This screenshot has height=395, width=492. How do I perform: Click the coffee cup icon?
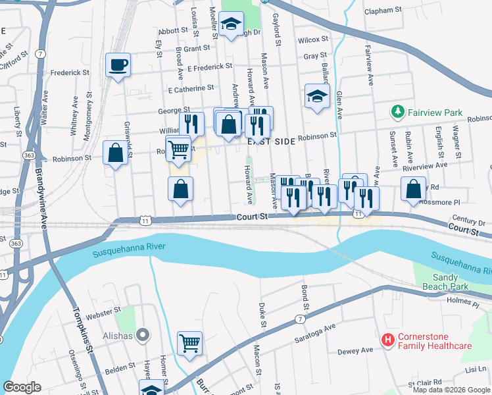[118, 65]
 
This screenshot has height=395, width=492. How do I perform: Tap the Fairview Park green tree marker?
[397, 113]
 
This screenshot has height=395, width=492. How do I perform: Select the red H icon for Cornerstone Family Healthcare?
[388, 340]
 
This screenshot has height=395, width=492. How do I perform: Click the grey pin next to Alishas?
[144, 336]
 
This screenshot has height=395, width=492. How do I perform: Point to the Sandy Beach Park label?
[450, 282]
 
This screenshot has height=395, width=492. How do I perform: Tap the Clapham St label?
[383, 11]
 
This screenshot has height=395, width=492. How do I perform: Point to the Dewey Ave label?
[356, 352]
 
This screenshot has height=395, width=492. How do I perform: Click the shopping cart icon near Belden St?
[189, 342]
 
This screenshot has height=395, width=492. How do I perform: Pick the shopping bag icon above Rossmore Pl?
[412, 190]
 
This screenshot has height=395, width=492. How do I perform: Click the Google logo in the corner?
[22, 387]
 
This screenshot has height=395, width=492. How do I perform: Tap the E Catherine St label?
[191, 88]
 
